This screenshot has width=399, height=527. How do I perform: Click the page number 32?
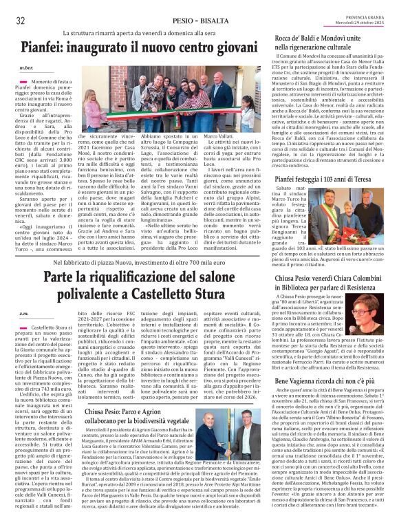[x=21, y=20]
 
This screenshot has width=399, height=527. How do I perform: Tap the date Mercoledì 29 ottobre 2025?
[x=361, y=24]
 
